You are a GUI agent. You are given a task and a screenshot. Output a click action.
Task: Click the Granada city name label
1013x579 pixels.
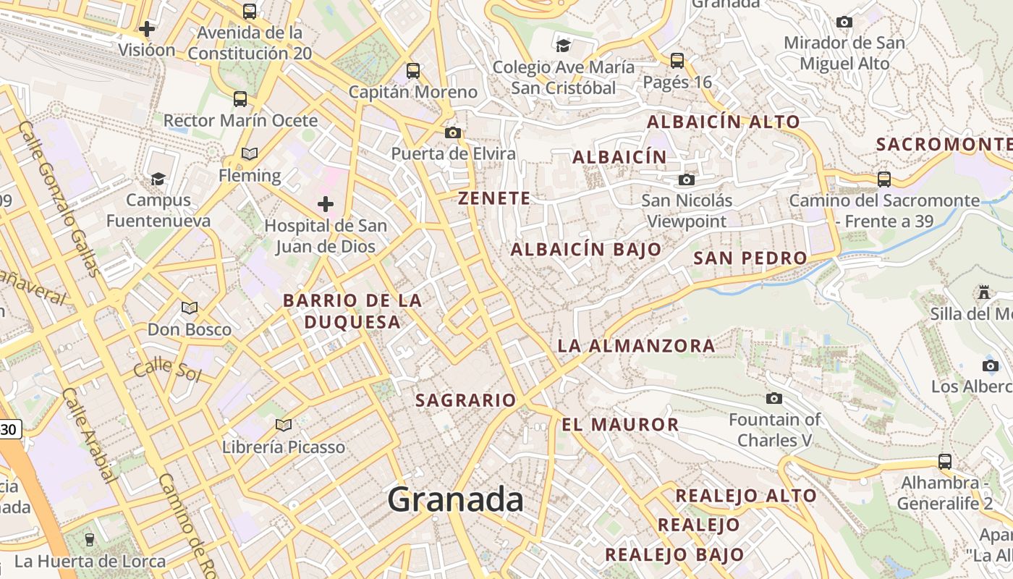pyautogui.click(x=455, y=500)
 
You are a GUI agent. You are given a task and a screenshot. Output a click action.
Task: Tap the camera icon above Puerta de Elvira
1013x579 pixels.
pyautogui.click(x=453, y=132)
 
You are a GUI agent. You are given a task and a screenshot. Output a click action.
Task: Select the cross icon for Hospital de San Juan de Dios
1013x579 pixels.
pyautogui.click(x=326, y=204)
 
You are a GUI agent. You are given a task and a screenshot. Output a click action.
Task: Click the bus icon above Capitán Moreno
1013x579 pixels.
pyautogui.click(x=413, y=71)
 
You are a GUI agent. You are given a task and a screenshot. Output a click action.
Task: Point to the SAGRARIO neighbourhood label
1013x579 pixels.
pyautogui.click(x=465, y=400)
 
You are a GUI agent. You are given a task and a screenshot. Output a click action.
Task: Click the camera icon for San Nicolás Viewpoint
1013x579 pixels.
pyautogui.click(x=687, y=179)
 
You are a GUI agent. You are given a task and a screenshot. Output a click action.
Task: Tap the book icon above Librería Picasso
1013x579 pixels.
pyautogui.click(x=284, y=425)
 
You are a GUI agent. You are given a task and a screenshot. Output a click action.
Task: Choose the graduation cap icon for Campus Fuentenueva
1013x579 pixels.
pyautogui.click(x=158, y=178)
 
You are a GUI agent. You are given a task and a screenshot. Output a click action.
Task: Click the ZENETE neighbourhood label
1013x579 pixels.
pyautogui.click(x=494, y=198)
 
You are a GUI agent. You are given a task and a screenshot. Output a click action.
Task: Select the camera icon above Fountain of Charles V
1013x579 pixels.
pyautogui.click(x=774, y=398)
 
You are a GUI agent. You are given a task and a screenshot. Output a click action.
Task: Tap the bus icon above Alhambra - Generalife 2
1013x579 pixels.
pyautogui.click(x=944, y=461)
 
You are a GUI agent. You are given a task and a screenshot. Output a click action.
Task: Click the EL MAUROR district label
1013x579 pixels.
pyautogui.click(x=621, y=425)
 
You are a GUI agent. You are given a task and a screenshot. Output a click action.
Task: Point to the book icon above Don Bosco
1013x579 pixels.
pyautogui.click(x=190, y=308)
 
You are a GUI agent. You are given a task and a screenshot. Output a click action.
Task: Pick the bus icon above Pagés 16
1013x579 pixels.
pyautogui.click(x=677, y=61)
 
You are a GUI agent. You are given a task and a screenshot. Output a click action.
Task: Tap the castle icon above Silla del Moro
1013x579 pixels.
pyautogui.click(x=984, y=292)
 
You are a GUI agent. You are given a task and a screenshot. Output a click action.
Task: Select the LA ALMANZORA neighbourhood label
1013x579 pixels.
pyautogui.click(x=636, y=346)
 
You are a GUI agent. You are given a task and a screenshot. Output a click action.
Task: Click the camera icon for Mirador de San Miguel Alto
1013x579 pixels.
pyautogui.click(x=844, y=22)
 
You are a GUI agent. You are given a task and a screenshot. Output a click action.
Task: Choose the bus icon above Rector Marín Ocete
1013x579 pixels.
pyautogui.click(x=240, y=99)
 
